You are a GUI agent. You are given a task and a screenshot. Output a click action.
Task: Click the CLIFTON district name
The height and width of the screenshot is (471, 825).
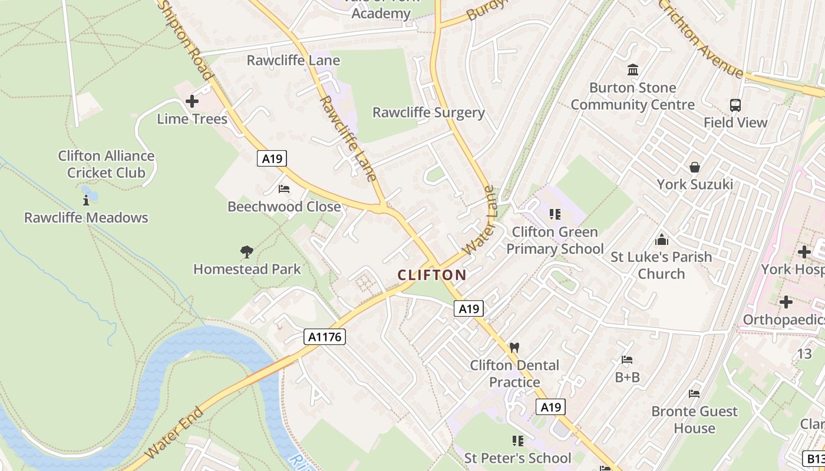[x=432, y=275]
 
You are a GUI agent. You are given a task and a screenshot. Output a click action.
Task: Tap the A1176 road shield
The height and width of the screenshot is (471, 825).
[x=325, y=337]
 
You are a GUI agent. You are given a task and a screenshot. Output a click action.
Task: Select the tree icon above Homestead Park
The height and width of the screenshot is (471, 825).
[x=247, y=253]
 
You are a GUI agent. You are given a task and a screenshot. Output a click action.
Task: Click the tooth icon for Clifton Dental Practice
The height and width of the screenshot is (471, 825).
[x=514, y=348]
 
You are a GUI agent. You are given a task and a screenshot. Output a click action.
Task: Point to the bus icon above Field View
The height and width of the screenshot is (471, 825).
[x=735, y=105]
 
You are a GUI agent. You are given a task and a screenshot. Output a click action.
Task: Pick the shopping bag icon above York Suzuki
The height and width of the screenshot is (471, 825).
[x=695, y=167]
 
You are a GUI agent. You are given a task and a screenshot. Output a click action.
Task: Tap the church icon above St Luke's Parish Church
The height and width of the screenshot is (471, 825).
[x=662, y=240]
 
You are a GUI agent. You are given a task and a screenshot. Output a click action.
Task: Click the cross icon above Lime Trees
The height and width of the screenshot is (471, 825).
[x=192, y=101]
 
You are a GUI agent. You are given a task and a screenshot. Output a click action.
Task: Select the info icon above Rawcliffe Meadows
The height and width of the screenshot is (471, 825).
[x=86, y=200]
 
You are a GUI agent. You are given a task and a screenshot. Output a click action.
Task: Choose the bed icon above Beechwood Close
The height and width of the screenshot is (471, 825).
[x=284, y=189]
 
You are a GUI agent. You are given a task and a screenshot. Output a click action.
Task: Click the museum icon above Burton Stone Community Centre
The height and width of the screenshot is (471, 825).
[x=633, y=70]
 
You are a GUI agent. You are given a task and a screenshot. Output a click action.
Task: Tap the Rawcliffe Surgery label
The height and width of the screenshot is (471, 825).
[x=428, y=112]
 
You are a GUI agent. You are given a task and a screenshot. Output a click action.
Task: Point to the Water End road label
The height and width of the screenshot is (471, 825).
[x=174, y=433]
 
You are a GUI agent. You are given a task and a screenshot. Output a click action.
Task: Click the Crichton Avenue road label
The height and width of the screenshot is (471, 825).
[x=701, y=39]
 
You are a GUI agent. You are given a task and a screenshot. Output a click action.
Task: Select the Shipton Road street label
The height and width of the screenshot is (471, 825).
[x=185, y=39]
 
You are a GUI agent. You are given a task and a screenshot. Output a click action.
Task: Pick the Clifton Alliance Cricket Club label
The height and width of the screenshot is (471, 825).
[x=106, y=164]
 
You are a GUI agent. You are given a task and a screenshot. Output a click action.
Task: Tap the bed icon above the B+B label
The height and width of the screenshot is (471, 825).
[x=627, y=360]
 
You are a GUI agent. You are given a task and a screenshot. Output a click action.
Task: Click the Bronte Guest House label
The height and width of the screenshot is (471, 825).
[x=694, y=420]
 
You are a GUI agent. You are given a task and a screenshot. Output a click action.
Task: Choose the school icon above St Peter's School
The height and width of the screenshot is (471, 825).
[x=518, y=441]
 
